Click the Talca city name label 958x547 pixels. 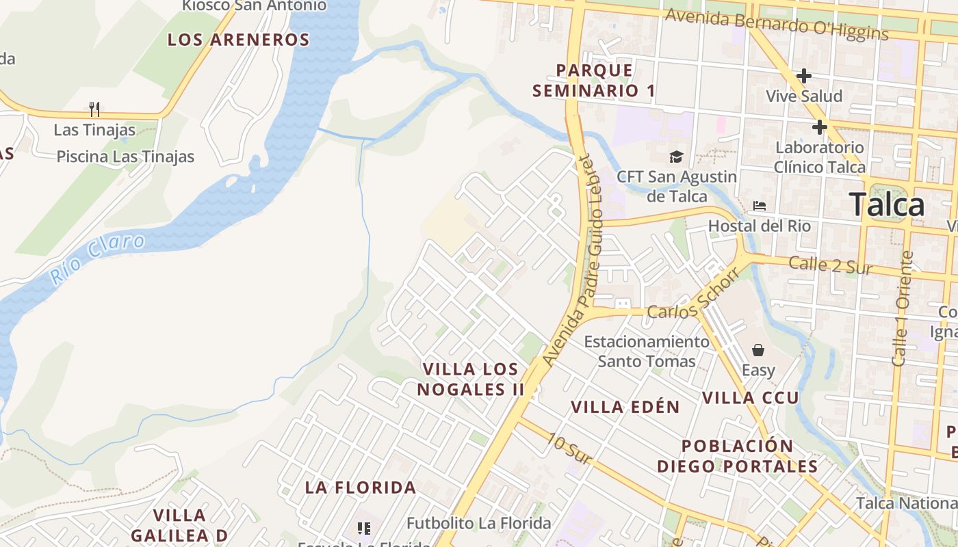[x=886, y=204]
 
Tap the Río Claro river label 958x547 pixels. [x=97, y=259]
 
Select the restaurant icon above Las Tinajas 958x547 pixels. [x=94, y=109]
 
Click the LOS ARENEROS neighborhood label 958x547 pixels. [x=239, y=40]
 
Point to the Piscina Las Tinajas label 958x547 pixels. [x=125, y=157]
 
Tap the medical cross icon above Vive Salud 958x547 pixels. [x=804, y=76]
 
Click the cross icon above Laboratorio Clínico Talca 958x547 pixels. [x=819, y=127]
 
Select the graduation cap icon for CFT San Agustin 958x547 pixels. [x=676, y=157]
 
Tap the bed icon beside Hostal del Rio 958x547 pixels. [x=759, y=205]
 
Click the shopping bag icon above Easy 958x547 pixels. [x=758, y=350]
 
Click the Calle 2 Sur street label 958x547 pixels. [x=830, y=265]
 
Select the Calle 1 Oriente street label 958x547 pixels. [x=903, y=308]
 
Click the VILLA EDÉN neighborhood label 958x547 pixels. [x=625, y=408]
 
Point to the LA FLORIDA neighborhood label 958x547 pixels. [x=360, y=488]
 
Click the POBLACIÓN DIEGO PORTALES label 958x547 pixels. [x=737, y=456]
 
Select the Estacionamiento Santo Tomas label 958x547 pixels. [x=646, y=351]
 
